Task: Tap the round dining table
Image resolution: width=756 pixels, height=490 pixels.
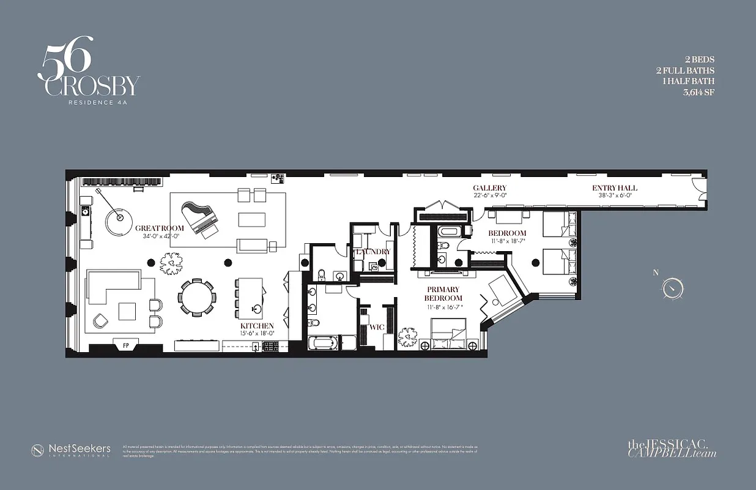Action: click(197, 298)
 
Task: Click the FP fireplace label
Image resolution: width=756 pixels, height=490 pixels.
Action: click(126, 345)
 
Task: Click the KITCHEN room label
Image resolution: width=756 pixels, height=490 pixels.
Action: click(257, 326)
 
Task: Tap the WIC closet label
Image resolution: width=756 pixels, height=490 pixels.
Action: click(377, 327)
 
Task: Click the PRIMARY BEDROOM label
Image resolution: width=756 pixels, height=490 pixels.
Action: click(443, 293)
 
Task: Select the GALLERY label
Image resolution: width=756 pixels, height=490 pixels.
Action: click(489, 188)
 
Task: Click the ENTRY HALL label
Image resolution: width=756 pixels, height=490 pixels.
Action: click(614, 188)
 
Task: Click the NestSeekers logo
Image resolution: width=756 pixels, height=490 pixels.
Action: click(71, 450)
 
